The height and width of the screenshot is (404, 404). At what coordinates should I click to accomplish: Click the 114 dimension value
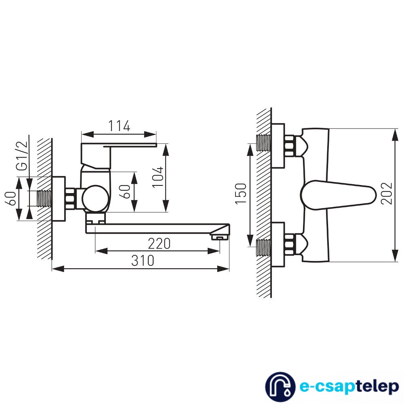pyautogui.click(x=119, y=126)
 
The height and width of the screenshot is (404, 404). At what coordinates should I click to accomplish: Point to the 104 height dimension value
pyautogui.click(x=158, y=177)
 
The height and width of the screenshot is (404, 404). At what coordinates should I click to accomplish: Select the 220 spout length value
pyautogui.click(x=159, y=244)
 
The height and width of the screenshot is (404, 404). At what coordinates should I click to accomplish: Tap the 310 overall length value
pyautogui.click(x=143, y=261)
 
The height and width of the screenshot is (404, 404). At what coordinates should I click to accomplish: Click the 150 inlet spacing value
pyautogui.click(x=241, y=194)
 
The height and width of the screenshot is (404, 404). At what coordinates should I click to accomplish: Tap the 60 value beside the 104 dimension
pyautogui.click(x=126, y=192)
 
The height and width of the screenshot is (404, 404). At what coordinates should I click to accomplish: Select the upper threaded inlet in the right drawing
pyautogui.click(x=263, y=143)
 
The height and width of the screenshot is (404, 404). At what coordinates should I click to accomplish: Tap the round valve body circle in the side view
pyautogui.click(x=95, y=198)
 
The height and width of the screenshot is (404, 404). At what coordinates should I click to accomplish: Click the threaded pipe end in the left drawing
pyautogui.click(x=44, y=198)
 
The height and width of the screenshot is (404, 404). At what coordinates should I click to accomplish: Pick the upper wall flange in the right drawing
pyautogui.click(x=278, y=145)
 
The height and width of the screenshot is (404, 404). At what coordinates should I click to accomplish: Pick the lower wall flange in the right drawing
pyautogui.click(x=278, y=244)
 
